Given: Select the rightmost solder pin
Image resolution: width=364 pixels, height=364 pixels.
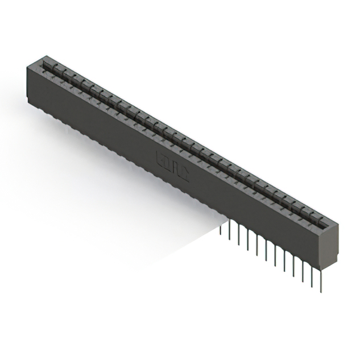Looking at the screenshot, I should click(x=321, y=279).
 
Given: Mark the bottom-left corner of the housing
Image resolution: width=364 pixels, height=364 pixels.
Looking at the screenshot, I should click(x=27, y=101).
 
